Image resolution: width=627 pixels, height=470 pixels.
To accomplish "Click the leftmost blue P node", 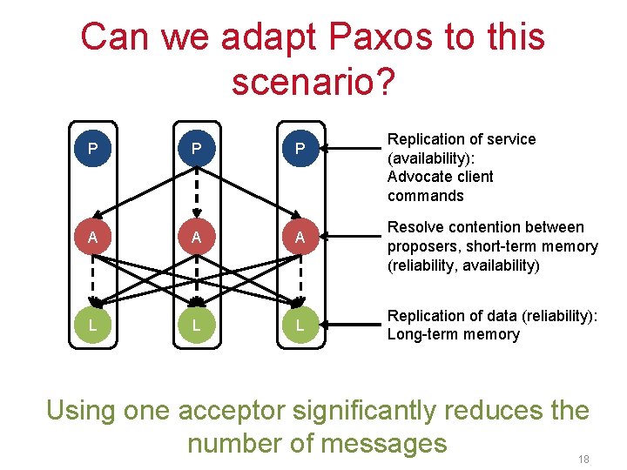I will tap(92, 149).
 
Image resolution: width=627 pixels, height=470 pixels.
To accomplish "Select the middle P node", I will tap(197, 149).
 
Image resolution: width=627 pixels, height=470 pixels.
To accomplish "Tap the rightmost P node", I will tap(300, 149).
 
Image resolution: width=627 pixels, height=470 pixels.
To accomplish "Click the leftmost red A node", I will tap(92, 237).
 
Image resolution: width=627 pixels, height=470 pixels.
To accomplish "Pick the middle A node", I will tap(197, 237).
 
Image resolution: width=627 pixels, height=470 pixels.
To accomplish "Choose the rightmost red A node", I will tap(300, 237).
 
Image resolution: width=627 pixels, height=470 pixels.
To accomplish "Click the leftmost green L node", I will tap(92, 326).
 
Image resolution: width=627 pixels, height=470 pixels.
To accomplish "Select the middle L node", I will tap(197, 326).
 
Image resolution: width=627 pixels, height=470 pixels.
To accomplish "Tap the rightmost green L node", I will tap(300, 326).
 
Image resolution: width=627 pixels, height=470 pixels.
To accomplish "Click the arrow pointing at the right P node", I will tap(348, 149).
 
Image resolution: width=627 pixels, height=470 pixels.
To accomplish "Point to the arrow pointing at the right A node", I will tap(348, 237).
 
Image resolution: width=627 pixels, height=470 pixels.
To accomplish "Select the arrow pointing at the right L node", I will tap(348, 326).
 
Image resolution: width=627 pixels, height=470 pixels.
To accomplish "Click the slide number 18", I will tap(583, 458).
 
